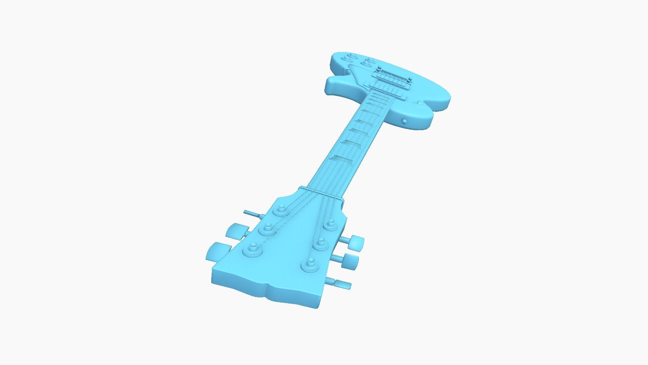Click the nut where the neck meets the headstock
click(321, 193)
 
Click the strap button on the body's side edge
click(404, 121)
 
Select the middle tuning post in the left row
click(267, 229)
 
